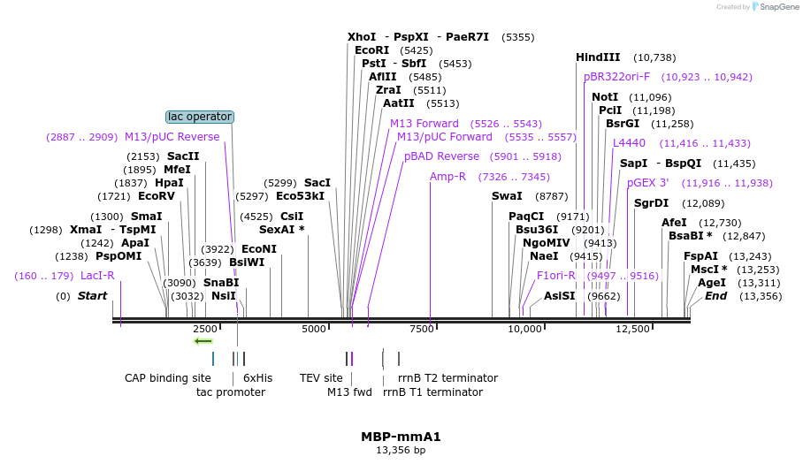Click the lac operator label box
click(x=200, y=117)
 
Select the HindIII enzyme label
click(x=598, y=57)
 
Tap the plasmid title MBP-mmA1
click(x=401, y=437)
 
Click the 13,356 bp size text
click(x=401, y=450)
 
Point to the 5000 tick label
click(x=314, y=329)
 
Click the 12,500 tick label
click(x=632, y=329)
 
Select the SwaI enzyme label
click(x=507, y=195)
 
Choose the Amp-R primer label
click(x=447, y=177)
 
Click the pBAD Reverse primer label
click(x=441, y=156)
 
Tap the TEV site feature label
click(x=321, y=377)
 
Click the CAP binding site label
click(x=168, y=377)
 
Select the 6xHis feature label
click(x=258, y=377)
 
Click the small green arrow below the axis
click(x=203, y=341)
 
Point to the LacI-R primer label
click(x=97, y=276)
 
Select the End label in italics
click(x=715, y=296)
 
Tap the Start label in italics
click(x=92, y=296)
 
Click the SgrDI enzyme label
click(x=651, y=203)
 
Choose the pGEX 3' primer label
click(x=647, y=183)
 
